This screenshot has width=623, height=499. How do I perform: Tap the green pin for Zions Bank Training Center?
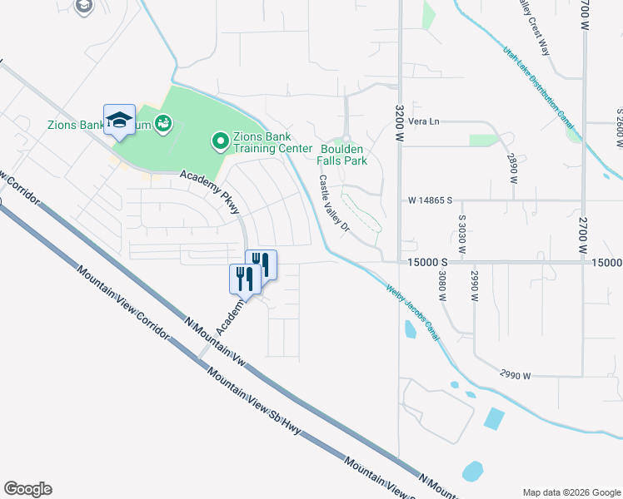[x=221, y=142]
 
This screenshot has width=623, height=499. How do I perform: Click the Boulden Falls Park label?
[x=343, y=155]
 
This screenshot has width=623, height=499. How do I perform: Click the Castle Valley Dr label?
[x=331, y=203]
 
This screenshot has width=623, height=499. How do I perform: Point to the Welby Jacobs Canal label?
[x=412, y=313]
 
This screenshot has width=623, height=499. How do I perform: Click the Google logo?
[x=27, y=489]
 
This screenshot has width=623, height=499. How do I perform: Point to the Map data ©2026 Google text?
[x=571, y=492]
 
